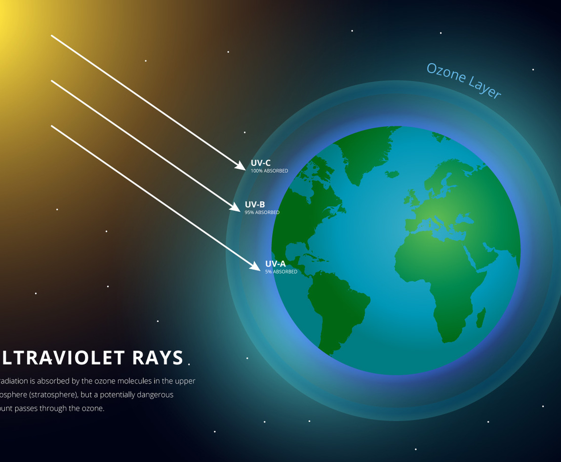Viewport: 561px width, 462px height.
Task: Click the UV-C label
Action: [x=260, y=163]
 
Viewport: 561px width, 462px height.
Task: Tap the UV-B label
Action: [x=255, y=204]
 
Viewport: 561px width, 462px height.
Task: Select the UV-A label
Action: [x=275, y=264]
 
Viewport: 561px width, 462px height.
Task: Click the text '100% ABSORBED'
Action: [x=269, y=171]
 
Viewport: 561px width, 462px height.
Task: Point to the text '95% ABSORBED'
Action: [x=262, y=212]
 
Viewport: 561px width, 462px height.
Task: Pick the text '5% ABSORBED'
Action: [x=281, y=271]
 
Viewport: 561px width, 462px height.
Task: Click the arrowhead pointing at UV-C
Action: [x=240, y=166]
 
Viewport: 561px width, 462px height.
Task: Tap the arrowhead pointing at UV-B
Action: [x=236, y=207]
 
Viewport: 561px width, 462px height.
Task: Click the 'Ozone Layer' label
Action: [x=464, y=80]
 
